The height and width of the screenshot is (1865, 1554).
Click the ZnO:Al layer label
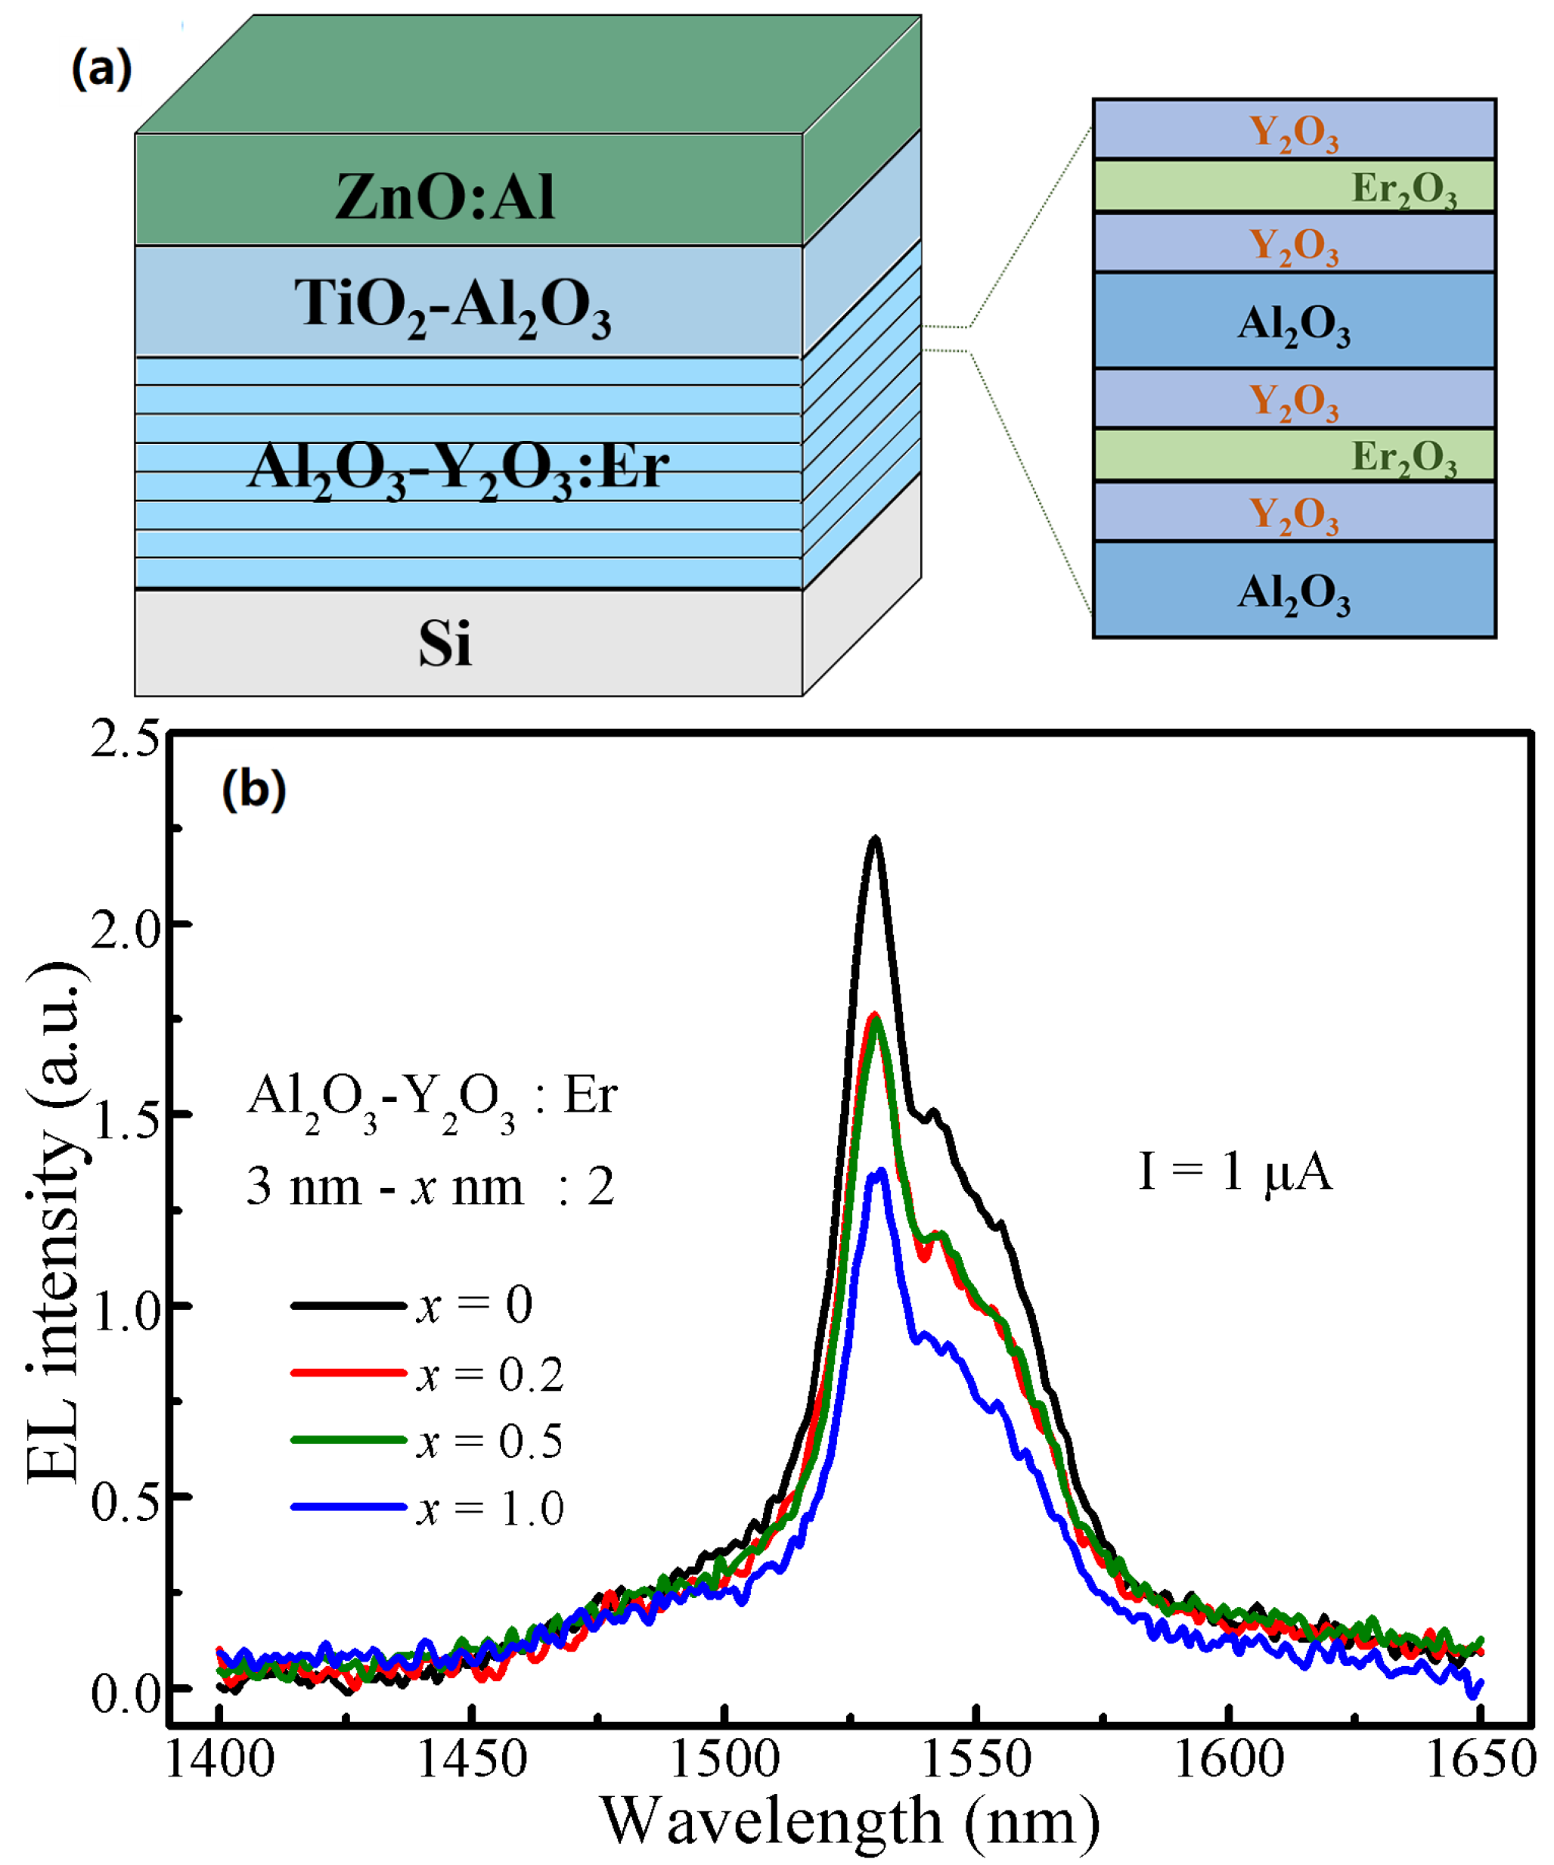click(444, 197)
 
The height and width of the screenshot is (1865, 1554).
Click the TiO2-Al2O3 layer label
click(452, 306)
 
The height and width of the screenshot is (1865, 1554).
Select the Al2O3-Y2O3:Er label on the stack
click(457, 468)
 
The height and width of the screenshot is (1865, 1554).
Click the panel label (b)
click(253, 789)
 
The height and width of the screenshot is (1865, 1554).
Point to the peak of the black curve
click(875, 839)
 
